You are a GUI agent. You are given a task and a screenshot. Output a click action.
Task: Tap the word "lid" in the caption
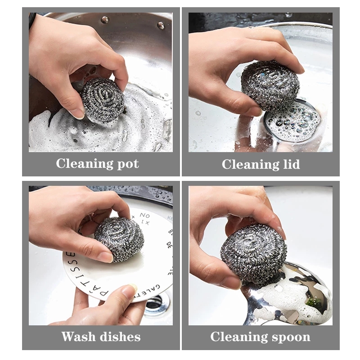point(290,165)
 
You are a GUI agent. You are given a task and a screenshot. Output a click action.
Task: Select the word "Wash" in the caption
point(78,337)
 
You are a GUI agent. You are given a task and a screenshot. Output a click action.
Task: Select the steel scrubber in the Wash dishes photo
point(119,238)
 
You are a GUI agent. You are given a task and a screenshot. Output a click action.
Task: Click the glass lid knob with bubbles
point(292,119)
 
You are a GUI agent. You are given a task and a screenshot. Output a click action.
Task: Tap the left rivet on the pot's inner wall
point(105,20)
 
